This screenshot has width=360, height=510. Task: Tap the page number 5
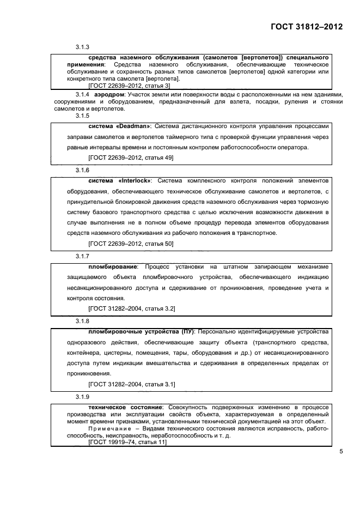click(340, 451)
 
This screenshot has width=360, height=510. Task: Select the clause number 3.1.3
click(82, 47)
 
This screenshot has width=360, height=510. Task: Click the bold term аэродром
click(110, 94)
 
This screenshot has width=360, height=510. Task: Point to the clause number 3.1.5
click(82, 116)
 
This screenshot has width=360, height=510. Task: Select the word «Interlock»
click(136, 180)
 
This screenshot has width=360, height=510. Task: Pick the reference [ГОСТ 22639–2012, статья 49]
click(131, 157)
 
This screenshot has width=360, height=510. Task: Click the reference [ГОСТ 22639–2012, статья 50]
click(131, 244)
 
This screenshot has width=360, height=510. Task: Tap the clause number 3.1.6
click(82, 170)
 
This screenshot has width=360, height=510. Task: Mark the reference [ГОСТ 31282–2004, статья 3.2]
click(131, 309)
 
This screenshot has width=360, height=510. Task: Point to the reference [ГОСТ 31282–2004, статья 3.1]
click(131, 384)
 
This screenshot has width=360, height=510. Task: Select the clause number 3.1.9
click(82, 397)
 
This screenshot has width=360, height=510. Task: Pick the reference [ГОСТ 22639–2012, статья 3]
click(129, 86)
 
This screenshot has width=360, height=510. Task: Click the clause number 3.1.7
click(82, 256)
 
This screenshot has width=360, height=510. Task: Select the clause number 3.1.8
click(82, 321)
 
